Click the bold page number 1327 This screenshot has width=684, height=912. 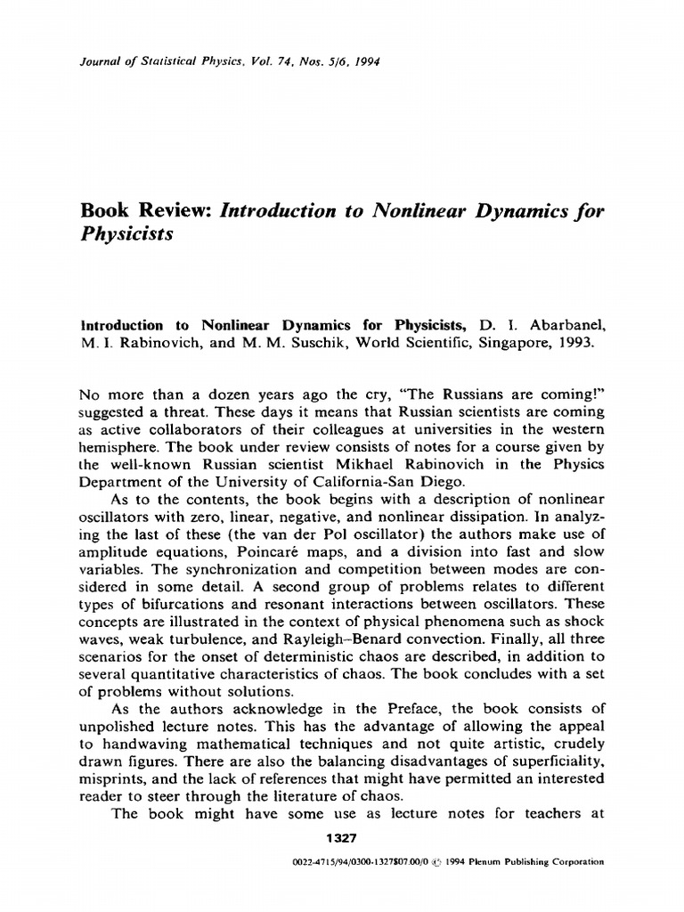[342, 838]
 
